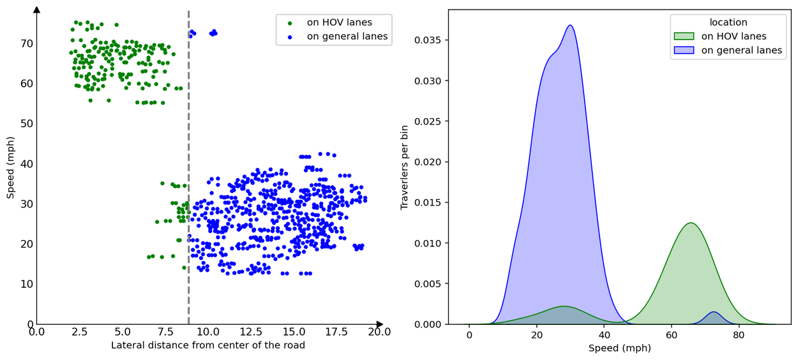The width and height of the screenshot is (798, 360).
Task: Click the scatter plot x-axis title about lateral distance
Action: coord(208,345)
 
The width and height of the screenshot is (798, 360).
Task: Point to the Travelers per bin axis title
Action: coord(404,167)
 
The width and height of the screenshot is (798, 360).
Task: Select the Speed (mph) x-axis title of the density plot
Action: coord(619,349)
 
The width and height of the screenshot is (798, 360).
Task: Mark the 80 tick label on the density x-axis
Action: coord(739,335)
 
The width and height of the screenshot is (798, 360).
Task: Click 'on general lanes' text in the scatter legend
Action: coord(347,36)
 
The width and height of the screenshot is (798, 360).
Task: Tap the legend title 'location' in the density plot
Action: coord(728,22)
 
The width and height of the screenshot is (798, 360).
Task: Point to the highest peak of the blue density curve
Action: coord(570,26)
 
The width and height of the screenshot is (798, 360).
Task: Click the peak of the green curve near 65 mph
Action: coord(690,223)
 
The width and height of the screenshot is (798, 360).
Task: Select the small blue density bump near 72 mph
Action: coord(713,312)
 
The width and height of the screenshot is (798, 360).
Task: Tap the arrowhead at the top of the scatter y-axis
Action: coord(36,10)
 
